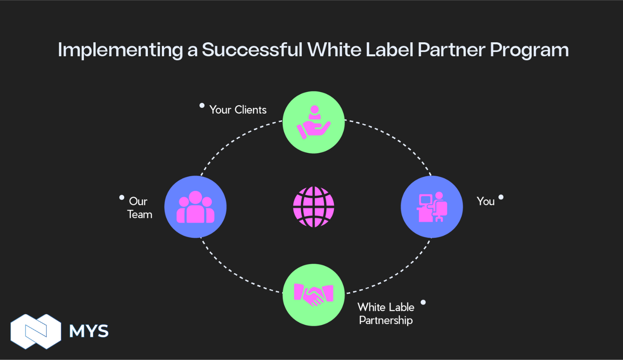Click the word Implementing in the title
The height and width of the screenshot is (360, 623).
pyautogui.click(x=119, y=50)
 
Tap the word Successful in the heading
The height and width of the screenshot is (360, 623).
pyautogui.click(x=252, y=49)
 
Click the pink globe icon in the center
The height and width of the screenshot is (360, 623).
pyautogui.click(x=314, y=207)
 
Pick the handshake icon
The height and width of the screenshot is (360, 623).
pyautogui.click(x=314, y=295)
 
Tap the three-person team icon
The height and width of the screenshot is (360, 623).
pyautogui.click(x=195, y=207)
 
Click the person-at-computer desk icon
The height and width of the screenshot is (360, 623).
pyautogui.click(x=432, y=207)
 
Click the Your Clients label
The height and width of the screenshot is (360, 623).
pyautogui.click(x=238, y=110)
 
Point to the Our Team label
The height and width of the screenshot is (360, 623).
pyautogui.click(x=140, y=208)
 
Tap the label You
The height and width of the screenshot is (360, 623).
pyautogui.click(x=485, y=201)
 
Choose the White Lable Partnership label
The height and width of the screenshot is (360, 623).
pyautogui.click(x=386, y=313)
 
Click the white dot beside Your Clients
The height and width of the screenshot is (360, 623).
pyautogui.click(x=202, y=105)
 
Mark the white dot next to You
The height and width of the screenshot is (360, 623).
pyautogui.click(x=501, y=197)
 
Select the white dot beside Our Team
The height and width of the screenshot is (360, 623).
pyautogui.click(x=122, y=198)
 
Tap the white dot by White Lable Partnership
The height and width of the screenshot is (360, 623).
pyautogui.click(x=423, y=302)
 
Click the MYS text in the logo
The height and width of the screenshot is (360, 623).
pyautogui.click(x=89, y=331)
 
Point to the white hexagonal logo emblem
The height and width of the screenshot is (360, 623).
pyautogui.click(x=36, y=331)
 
